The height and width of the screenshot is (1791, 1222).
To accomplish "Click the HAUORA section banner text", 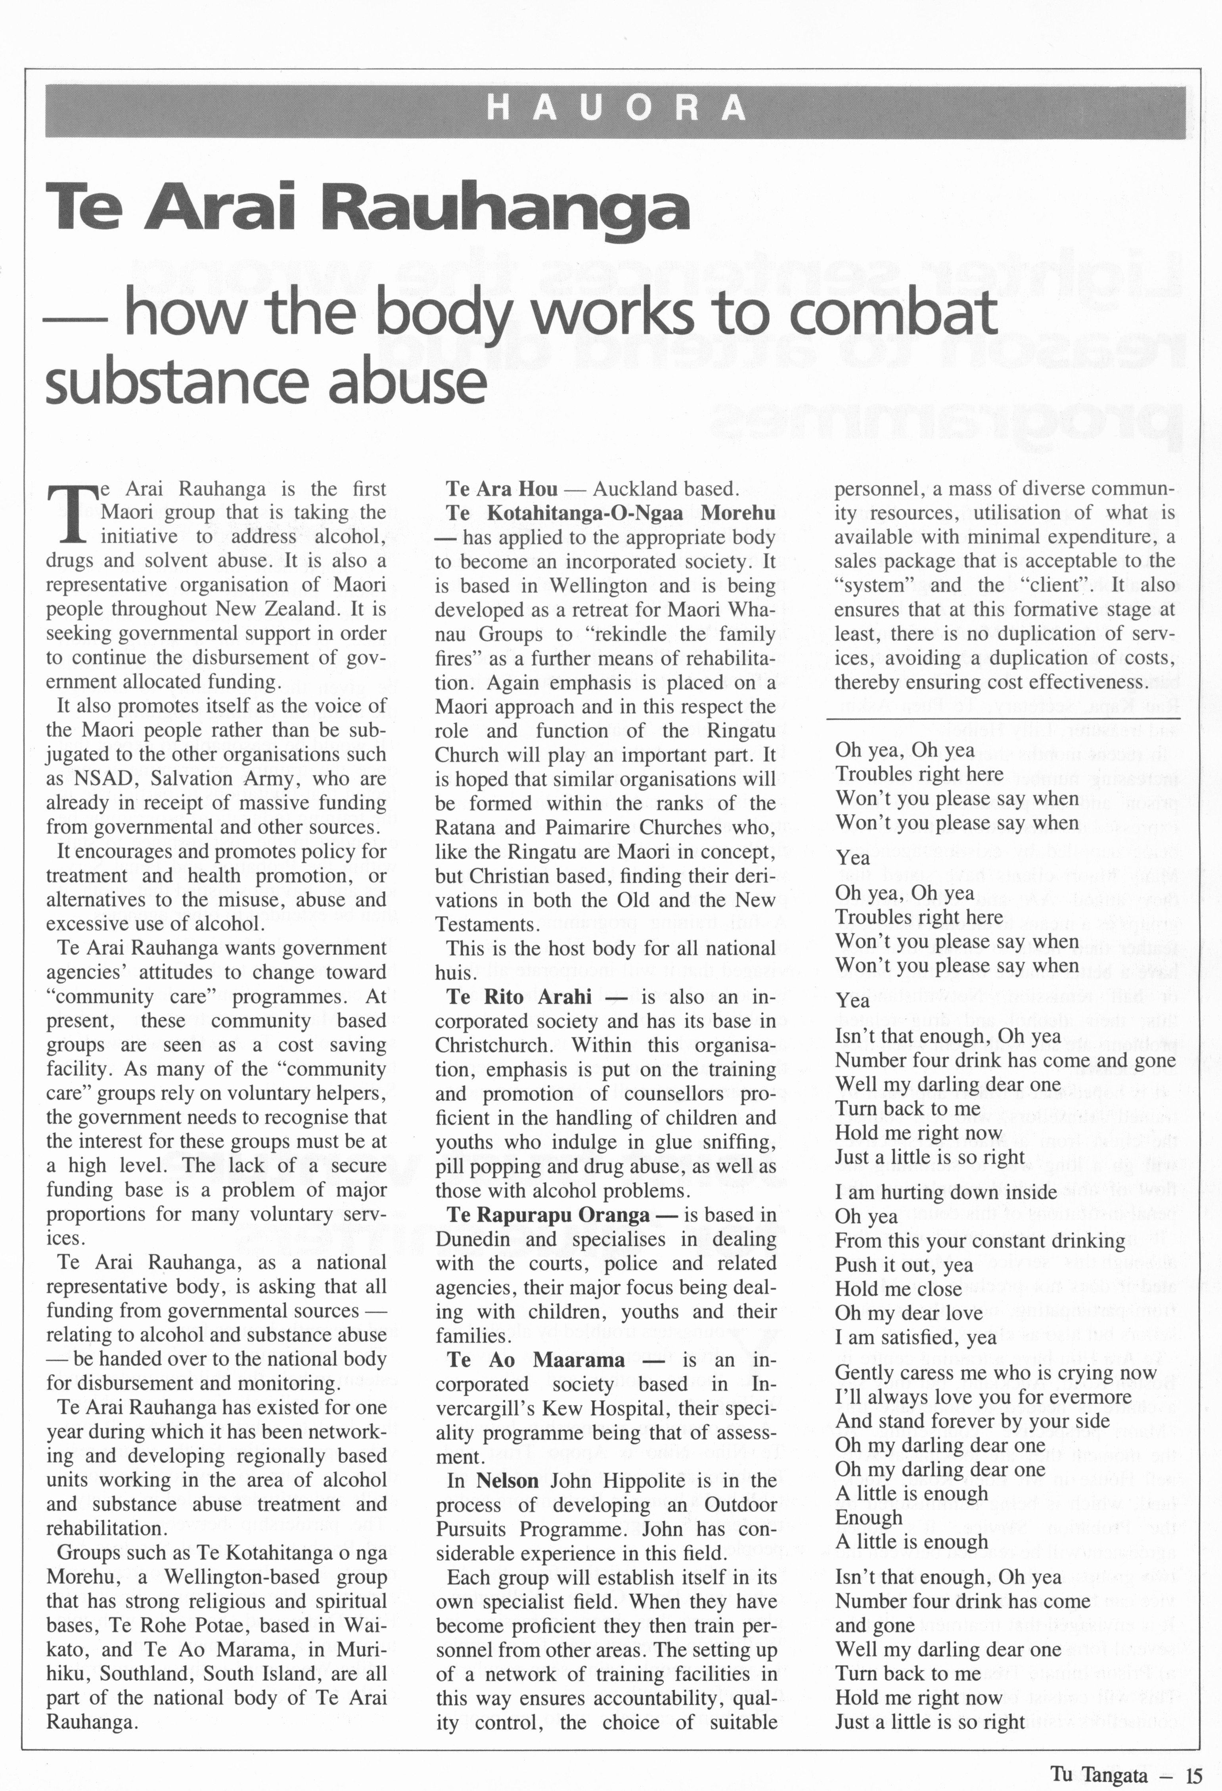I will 615,109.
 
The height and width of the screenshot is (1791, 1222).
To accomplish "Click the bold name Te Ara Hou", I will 501,489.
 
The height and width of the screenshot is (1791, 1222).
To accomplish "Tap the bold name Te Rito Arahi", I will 518,997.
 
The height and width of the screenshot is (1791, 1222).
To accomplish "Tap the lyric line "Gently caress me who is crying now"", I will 995,1372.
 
